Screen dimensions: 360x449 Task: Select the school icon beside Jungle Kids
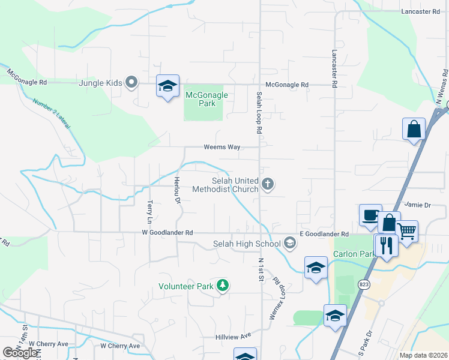(168, 86)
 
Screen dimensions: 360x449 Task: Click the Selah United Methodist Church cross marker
(268, 184)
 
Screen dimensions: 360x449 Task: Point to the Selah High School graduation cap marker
(291, 243)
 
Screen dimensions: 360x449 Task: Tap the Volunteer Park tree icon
(223, 285)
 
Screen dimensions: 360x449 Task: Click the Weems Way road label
(221, 147)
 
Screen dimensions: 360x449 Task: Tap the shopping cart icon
(407, 232)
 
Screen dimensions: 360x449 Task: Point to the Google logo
(20, 352)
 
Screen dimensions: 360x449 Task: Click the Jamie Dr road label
(418, 205)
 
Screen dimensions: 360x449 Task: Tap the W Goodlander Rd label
(167, 232)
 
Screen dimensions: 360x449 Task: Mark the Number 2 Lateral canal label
(51, 113)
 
